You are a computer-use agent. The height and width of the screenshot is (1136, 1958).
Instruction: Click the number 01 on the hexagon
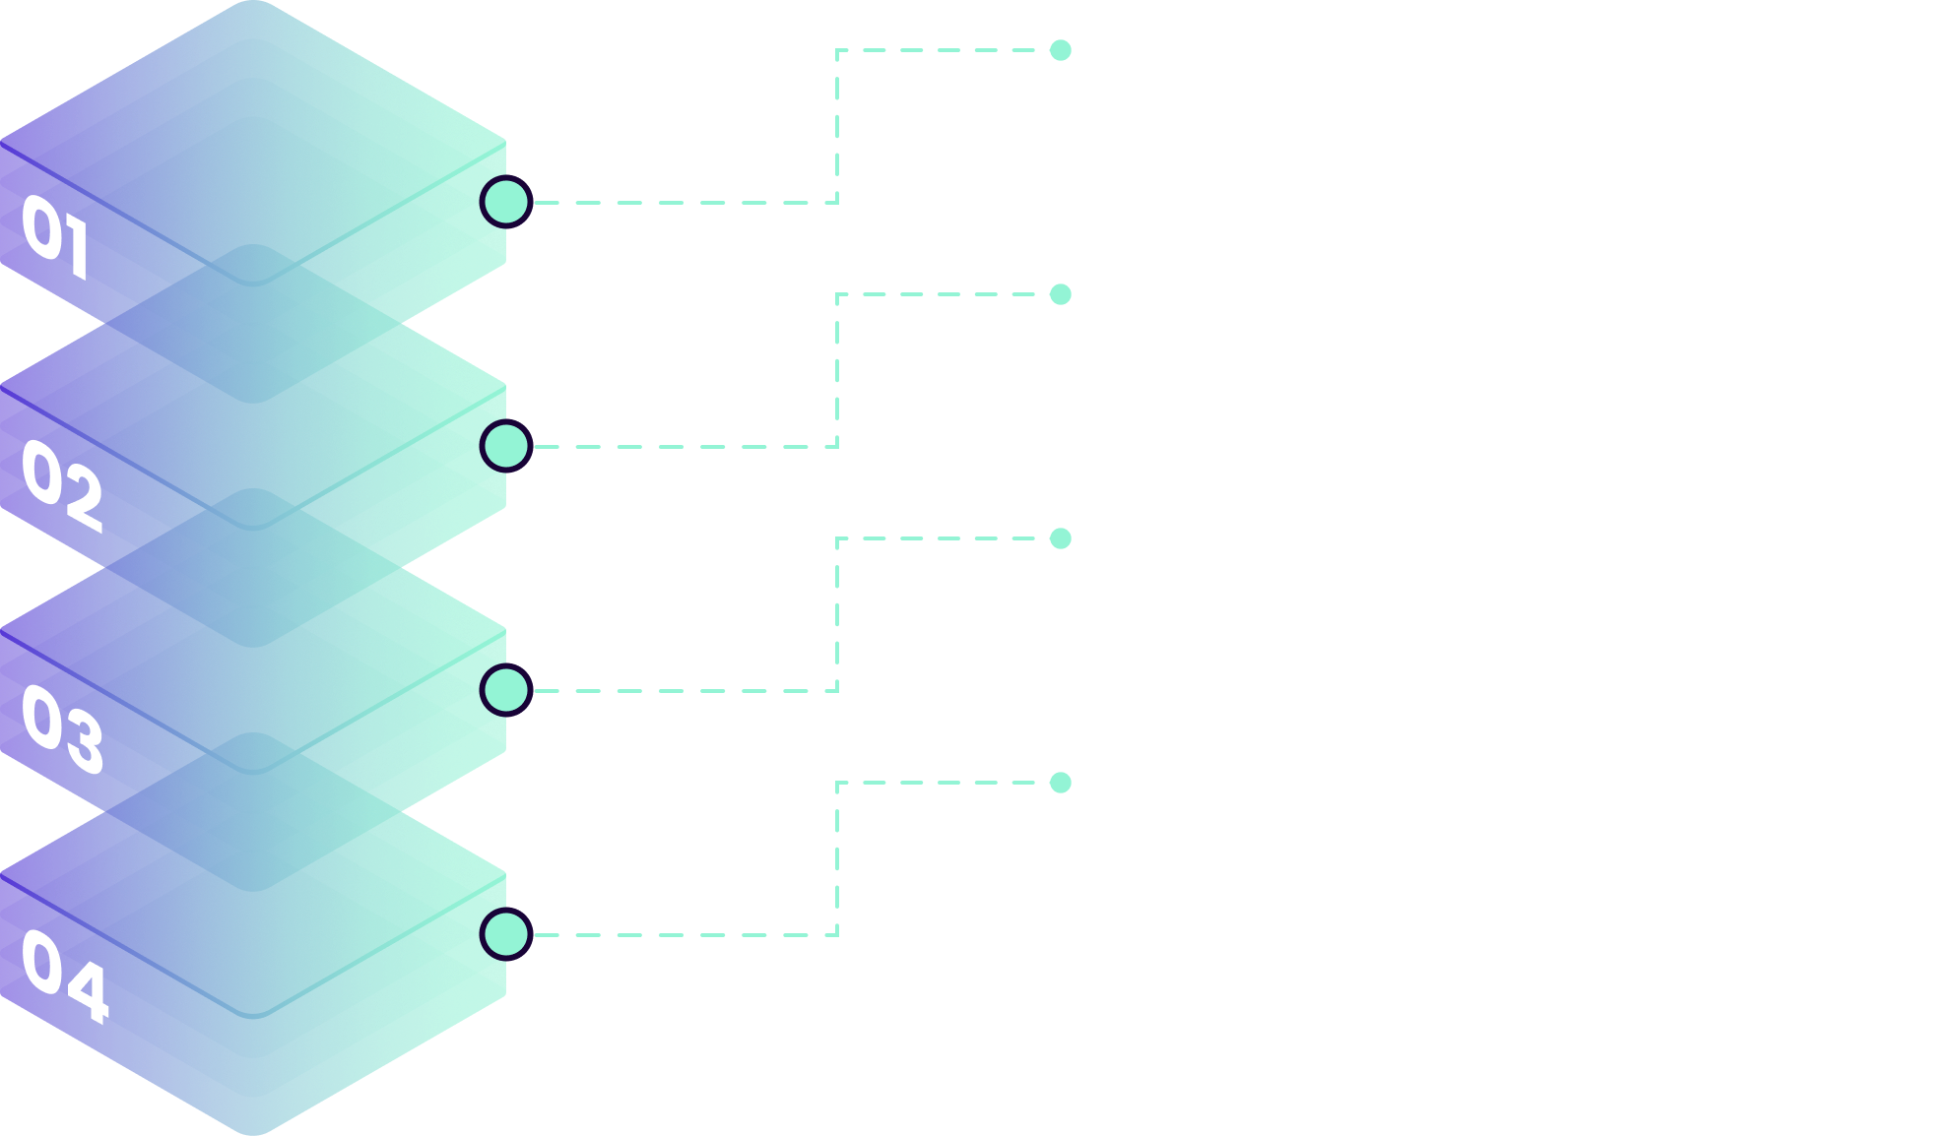(55, 235)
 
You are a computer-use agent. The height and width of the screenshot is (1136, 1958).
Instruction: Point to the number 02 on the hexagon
(62, 484)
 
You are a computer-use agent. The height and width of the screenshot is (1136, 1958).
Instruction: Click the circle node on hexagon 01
(506, 202)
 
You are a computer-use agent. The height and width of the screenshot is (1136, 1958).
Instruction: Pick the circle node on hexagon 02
(506, 446)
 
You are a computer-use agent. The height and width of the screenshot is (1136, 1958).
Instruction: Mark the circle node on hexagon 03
(506, 690)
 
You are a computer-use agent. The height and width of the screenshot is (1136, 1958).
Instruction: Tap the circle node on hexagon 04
(506, 934)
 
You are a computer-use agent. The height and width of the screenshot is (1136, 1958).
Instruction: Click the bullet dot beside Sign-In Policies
(1061, 50)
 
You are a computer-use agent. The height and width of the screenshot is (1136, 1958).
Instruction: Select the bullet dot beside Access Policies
(1061, 294)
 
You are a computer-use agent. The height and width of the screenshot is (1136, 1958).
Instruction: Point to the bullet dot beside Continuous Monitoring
(1061, 538)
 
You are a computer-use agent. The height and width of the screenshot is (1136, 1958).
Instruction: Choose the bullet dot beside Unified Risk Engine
(1061, 783)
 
